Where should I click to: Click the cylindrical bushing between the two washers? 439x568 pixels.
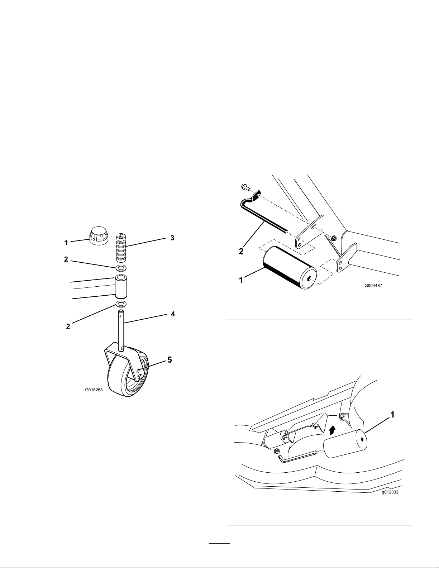tap(121, 287)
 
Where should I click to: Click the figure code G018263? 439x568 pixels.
tap(94, 390)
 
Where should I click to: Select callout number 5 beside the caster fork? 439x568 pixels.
tap(170, 360)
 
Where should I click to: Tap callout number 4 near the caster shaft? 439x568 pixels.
tap(173, 314)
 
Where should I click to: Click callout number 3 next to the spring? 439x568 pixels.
tap(172, 238)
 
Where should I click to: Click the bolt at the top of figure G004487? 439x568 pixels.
tap(245, 187)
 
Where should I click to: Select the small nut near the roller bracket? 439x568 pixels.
tap(333, 238)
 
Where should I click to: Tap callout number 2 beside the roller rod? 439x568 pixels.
tap(241, 251)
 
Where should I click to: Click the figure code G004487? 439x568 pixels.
tap(373, 286)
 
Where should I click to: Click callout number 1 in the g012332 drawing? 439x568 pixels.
tap(392, 415)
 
